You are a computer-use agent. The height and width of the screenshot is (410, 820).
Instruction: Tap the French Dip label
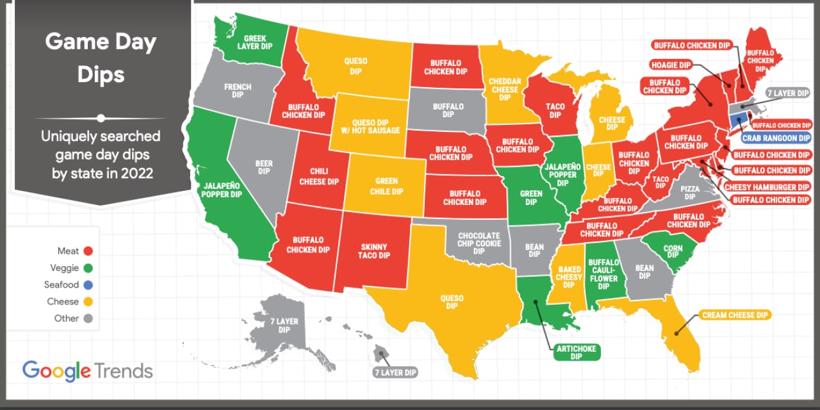click(238, 91)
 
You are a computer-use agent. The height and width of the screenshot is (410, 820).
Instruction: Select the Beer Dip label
click(264, 168)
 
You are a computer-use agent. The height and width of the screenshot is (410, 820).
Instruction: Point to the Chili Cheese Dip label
click(319, 177)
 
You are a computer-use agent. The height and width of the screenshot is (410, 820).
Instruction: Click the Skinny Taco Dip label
click(373, 251)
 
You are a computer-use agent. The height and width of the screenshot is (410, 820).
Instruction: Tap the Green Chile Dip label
click(389, 186)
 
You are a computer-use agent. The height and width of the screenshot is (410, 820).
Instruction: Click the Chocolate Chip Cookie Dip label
click(479, 243)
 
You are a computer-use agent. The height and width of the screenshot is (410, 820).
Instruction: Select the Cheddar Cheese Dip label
click(505, 90)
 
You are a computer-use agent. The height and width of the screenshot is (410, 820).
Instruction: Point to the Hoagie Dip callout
click(671, 65)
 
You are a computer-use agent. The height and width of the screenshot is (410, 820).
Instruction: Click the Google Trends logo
click(88, 371)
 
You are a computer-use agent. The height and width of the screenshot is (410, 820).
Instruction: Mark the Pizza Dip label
click(689, 193)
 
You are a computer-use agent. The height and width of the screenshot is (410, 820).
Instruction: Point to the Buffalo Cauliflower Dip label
click(603, 274)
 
